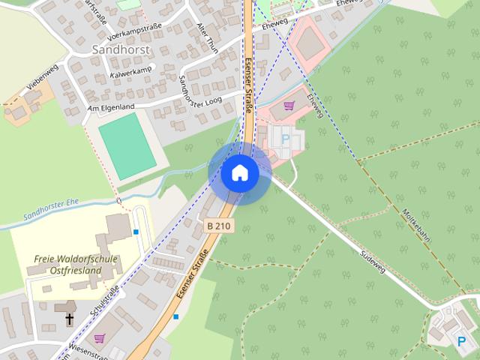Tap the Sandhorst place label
[121, 49]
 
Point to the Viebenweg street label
[42, 77]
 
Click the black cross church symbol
[70, 319]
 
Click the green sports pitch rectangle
[127, 145]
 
